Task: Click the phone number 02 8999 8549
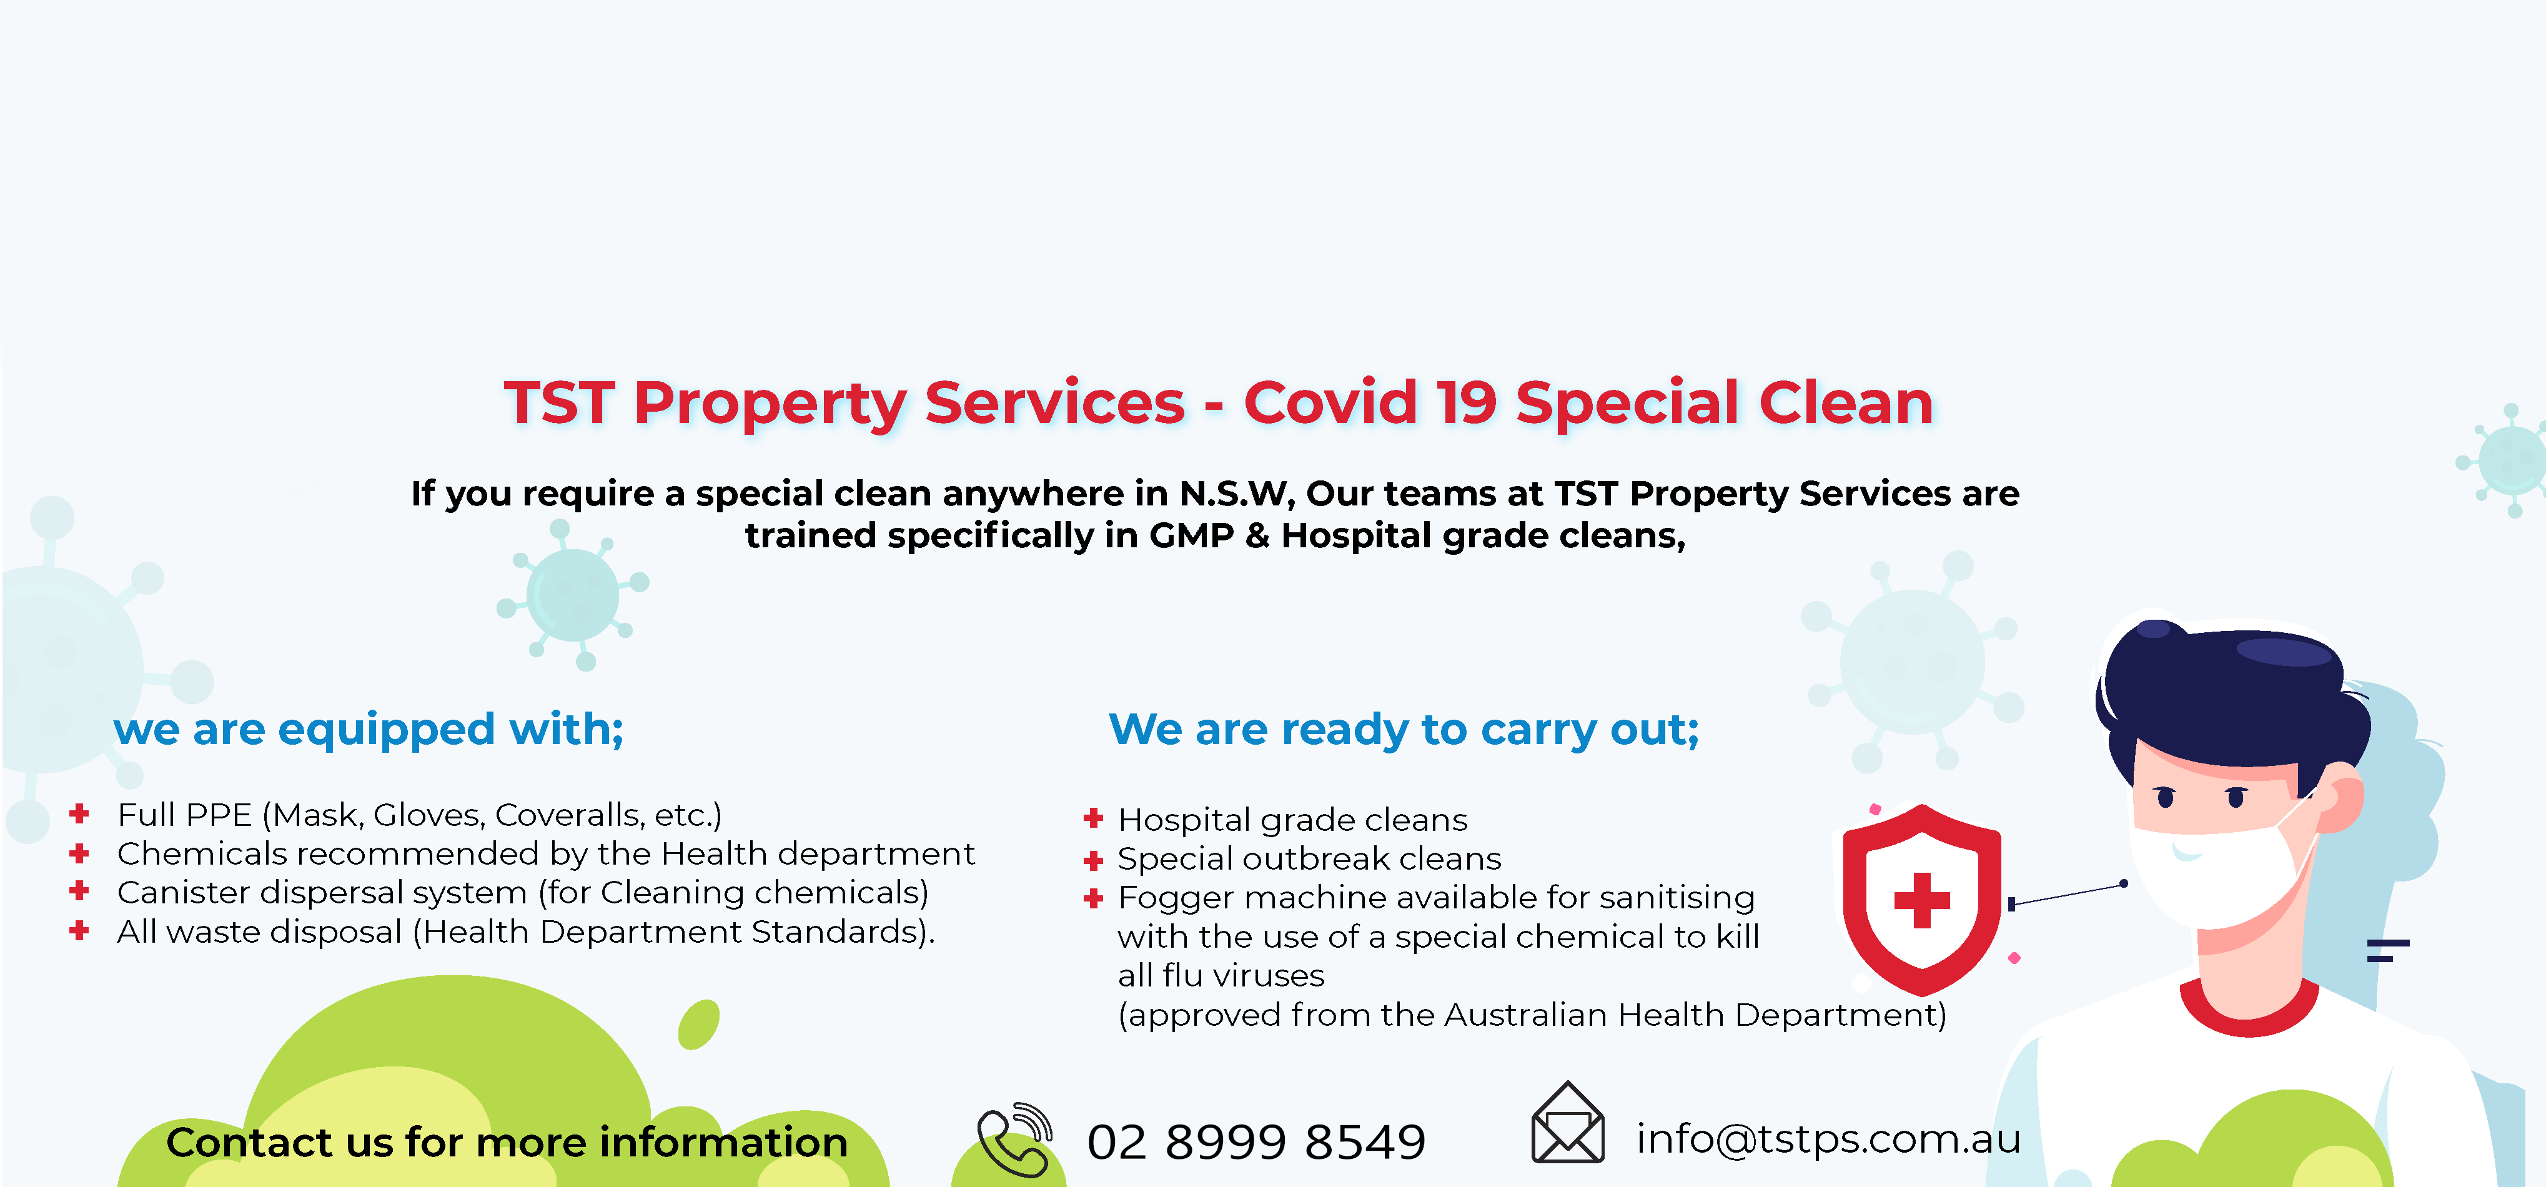1256,1141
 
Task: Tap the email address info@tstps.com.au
1828,1138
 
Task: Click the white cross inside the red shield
1921,900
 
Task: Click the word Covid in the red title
1329,402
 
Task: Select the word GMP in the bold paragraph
1191,535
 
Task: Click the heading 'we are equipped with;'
369,730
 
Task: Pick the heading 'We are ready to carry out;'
1404,730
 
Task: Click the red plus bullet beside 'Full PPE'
80,813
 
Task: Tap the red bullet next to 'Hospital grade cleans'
1093,818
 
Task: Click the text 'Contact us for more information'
507,1143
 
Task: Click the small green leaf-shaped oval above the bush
699,1024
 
